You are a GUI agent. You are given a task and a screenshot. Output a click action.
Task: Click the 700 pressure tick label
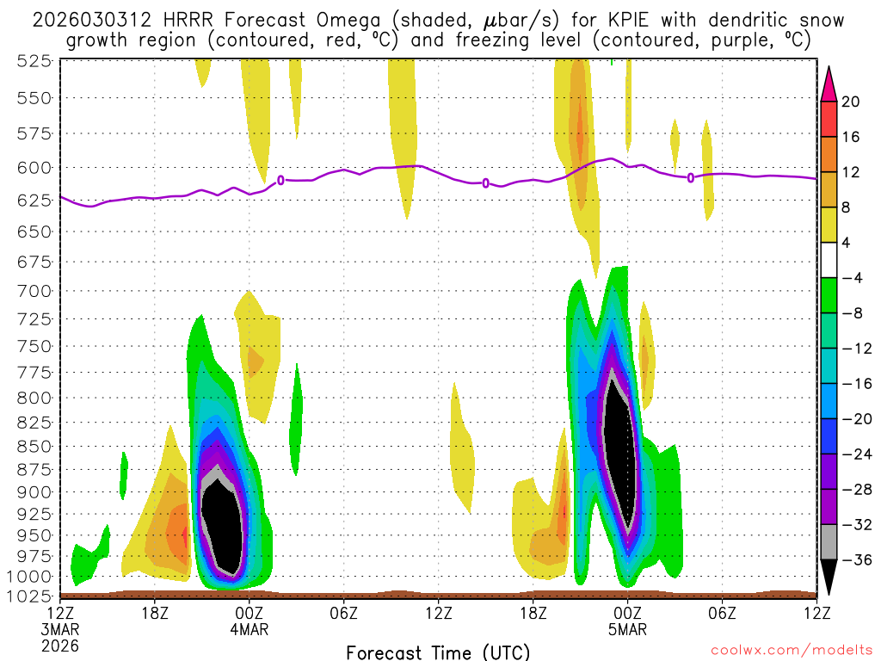tap(33, 291)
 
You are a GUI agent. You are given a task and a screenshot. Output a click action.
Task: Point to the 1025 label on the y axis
tap(29, 596)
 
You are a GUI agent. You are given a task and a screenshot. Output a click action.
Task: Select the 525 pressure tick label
tap(33, 60)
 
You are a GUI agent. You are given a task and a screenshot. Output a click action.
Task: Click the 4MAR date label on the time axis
tap(250, 629)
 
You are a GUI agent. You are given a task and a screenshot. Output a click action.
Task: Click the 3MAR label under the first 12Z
tap(61, 629)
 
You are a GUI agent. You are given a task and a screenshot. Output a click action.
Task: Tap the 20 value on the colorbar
tap(851, 102)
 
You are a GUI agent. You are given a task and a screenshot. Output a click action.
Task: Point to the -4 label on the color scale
tap(851, 278)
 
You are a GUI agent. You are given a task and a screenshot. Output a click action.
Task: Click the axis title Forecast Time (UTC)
tap(439, 652)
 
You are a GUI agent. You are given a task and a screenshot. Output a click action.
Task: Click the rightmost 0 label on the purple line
tap(691, 178)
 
